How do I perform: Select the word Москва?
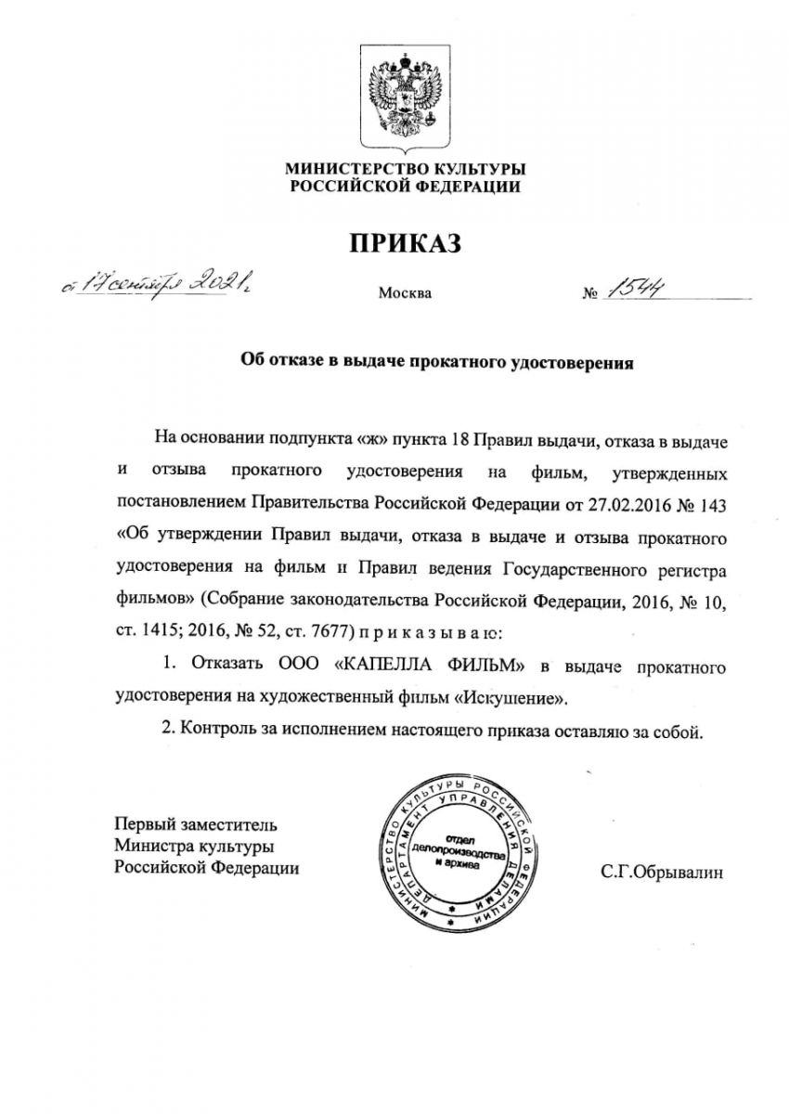coord(404,294)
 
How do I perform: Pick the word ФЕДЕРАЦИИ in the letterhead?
coord(464,186)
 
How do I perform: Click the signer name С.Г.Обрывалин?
coord(661,873)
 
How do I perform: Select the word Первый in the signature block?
coord(141,823)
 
